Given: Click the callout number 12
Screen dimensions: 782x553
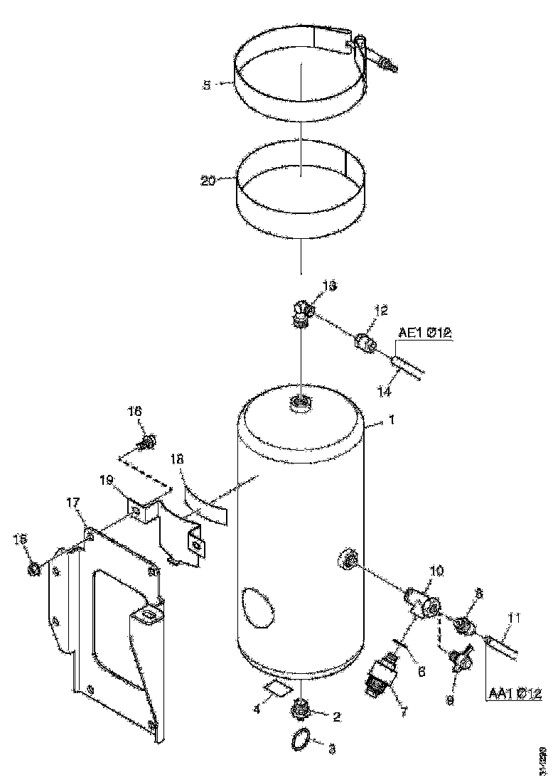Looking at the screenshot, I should click(382, 310).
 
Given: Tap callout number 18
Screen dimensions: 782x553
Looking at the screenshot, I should click(177, 460).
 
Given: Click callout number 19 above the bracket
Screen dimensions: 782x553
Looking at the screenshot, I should click(107, 481).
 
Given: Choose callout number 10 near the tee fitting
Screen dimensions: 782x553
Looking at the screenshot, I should click(436, 571).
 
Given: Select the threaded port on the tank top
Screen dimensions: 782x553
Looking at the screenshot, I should click(301, 404).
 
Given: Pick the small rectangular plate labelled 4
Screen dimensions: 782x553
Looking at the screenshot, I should click(277, 688).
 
